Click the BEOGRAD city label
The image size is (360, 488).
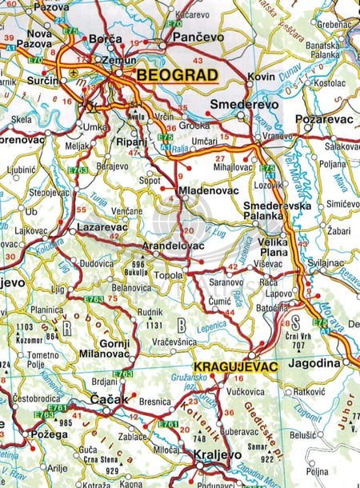point(178,74)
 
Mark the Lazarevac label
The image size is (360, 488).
point(103,227)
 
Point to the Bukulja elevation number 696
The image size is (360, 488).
point(138,263)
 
